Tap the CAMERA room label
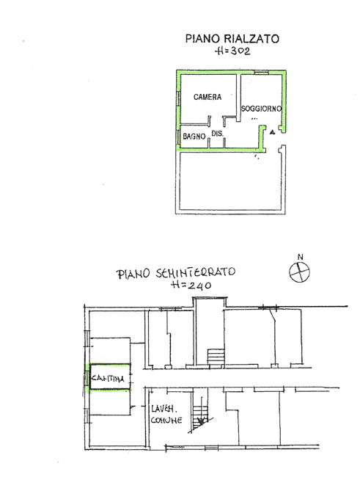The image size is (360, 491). [x=207, y=97]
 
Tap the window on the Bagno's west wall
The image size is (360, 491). [x=177, y=137]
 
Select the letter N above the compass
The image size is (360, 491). [x=299, y=257]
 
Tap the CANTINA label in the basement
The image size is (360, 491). [x=107, y=378]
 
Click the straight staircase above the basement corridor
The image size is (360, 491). [x=214, y=356]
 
